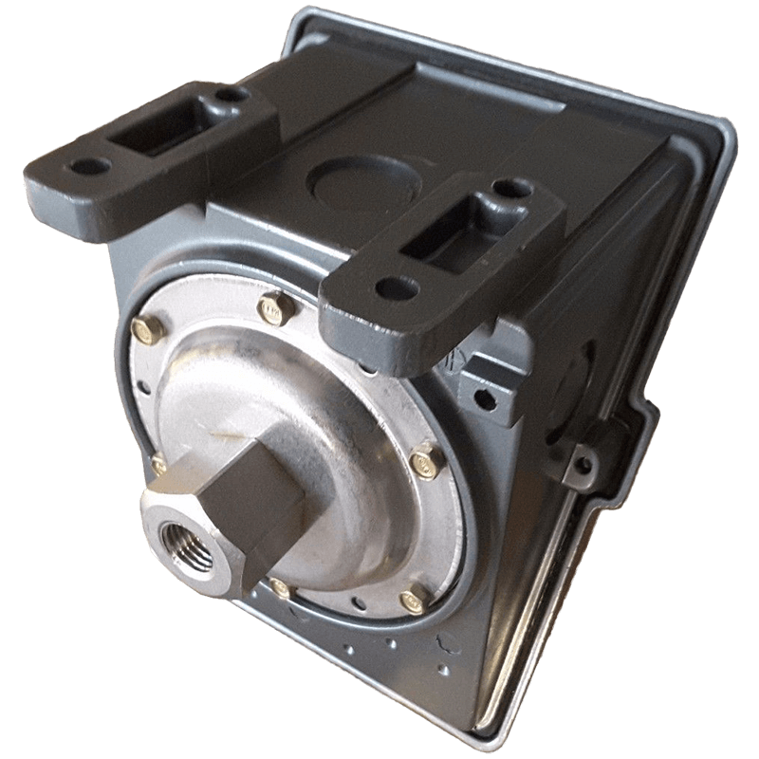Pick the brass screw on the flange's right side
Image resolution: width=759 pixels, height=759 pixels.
(424, 460)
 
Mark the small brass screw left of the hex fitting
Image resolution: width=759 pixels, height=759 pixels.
(157, 462)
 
